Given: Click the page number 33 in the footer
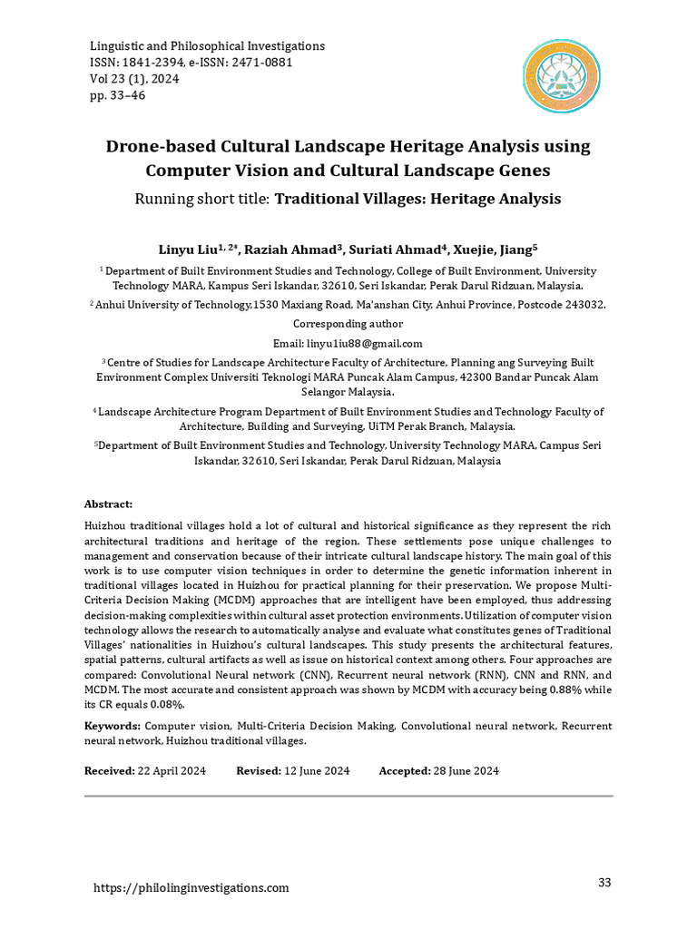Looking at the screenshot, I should click(x=605, y=883).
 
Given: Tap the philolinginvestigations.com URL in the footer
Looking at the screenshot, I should click(x=191, y=888).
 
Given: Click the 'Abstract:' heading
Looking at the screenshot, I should click(x=108, y=504).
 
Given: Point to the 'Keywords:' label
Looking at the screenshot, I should click(x=113, y=727).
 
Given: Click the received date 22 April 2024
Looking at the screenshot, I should click(x=172, y=771).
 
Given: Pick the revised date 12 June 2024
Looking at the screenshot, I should click(x=317, y=771).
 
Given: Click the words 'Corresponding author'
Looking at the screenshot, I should click(x=348, y=324).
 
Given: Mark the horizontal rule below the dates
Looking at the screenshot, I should click(x=348, y=797).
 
